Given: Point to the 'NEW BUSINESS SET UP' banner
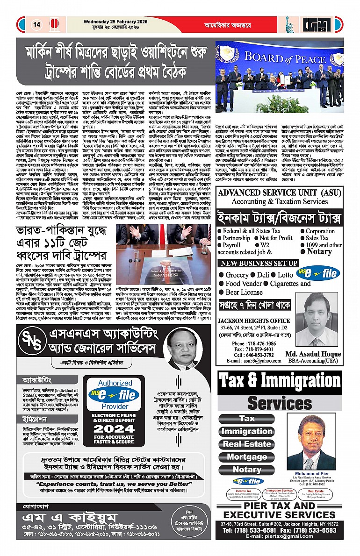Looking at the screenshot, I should (259, 264).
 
